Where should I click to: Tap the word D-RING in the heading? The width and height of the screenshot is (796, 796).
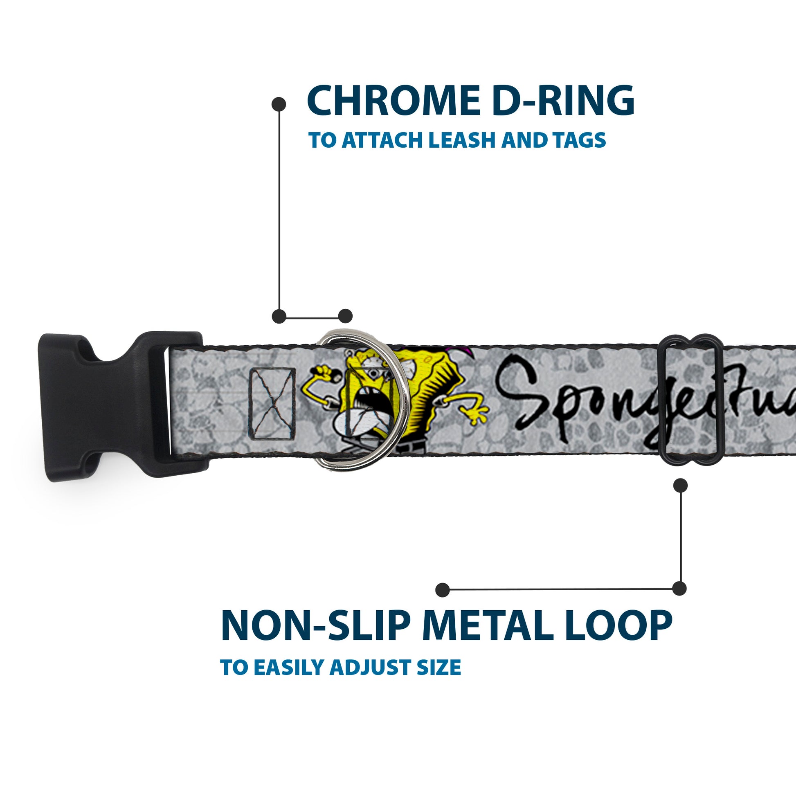click(x=558, y=101)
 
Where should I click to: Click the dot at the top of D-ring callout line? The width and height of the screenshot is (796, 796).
click(x=279, y=104)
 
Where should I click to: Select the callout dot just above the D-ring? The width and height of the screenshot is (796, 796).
click(x=345, y=316)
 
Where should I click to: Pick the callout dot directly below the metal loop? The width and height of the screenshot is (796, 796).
click(x=680, y=486)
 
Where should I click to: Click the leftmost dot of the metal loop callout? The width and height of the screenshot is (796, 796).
click(x=443, y=589)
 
